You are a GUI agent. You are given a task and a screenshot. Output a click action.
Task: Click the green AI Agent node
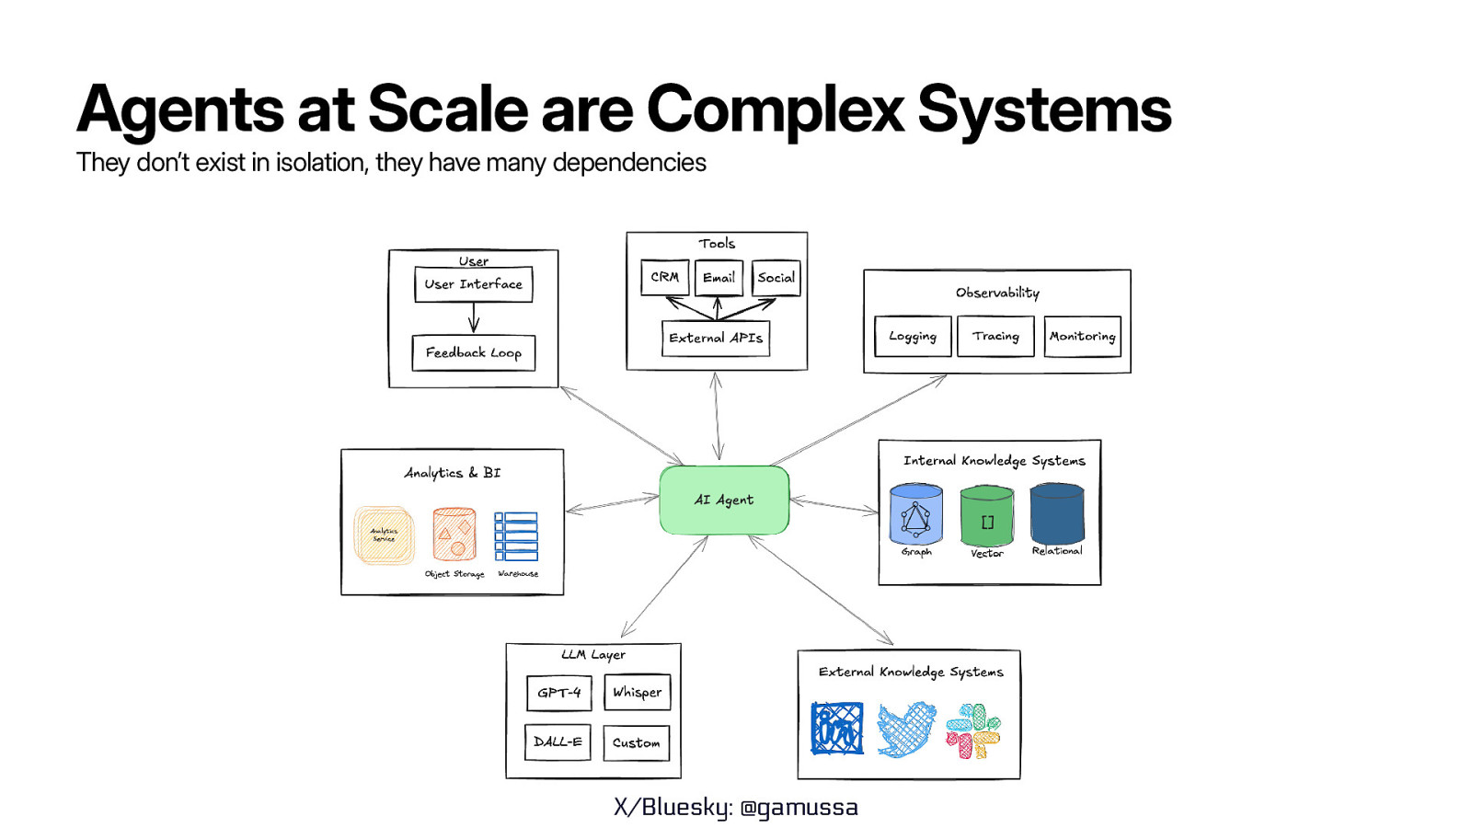724,500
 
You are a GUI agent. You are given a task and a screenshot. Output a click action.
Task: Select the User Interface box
473,284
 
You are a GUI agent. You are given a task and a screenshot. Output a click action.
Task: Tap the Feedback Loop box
473,352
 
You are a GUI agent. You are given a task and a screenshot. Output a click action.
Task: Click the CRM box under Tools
664,277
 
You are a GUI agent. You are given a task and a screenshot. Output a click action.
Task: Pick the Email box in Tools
719,277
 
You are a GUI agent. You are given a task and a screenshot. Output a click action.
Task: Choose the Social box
776,277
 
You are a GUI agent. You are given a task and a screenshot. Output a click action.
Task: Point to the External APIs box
716,338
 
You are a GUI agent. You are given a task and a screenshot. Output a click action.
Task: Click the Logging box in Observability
913,336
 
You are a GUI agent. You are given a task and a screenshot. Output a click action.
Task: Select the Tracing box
995,336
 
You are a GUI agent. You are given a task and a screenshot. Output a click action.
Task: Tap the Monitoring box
1082,336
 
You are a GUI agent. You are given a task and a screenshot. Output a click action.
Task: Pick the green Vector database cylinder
986,517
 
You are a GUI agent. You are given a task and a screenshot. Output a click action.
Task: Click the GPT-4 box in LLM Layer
558,693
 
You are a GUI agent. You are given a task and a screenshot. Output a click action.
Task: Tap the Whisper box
637,692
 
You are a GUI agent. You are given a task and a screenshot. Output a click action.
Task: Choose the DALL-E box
558,742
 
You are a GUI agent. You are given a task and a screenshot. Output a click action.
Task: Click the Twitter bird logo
906,730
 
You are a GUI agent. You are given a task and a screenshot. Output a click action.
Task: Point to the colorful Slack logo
972,730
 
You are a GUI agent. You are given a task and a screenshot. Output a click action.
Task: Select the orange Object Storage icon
454,535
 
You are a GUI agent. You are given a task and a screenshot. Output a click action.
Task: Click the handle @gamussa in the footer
799,807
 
